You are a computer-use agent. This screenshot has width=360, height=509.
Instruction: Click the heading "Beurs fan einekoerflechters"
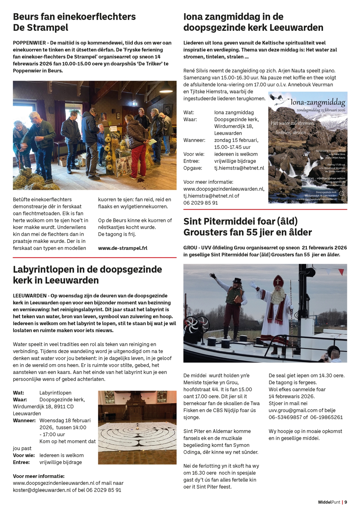click(x=74, y=16)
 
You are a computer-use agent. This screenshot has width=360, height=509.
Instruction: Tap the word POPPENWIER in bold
click(x=29, y=43)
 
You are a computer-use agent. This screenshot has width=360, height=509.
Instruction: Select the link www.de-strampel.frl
click(x=122, y=248)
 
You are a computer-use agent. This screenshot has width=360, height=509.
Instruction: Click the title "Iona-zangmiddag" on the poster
click(x=318, y=103)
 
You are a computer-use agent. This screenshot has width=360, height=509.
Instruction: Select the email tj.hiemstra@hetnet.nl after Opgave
click(x=239, y=168)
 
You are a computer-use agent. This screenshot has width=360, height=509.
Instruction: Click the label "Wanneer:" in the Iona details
click(x=194, y=140)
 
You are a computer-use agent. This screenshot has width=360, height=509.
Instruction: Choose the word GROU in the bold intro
click(x=190, y=248)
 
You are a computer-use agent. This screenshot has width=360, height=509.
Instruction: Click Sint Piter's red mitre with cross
click(x=278, y=281)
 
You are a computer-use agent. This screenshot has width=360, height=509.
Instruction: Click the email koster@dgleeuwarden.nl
click(x=42, y=490)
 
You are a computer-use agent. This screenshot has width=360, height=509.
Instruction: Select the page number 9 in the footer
click(x=346, y=502)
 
